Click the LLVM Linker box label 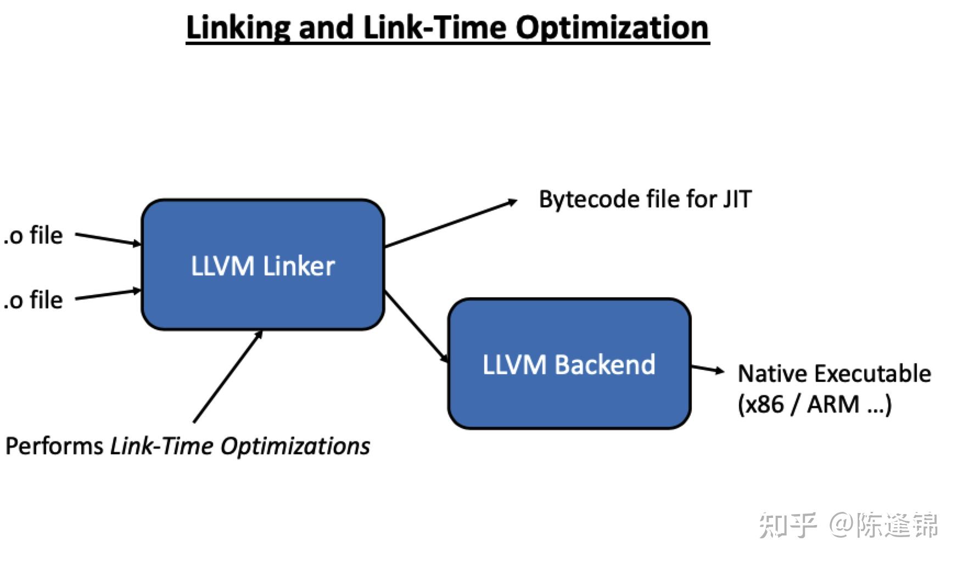point(262,266)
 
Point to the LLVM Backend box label point(569,365)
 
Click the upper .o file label point(34,235)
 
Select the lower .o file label point(34,300)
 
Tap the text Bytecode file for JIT point(645,199)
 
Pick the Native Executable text point(834,374)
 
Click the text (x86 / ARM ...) point(814,404)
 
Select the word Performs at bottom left point(54,446)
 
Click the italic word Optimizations point(295,446)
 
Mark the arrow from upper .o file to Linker point(108,239)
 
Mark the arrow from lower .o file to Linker point(108,295)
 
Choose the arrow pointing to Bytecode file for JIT point(450,224)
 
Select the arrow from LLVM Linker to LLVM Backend point(417,327)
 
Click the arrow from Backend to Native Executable point(707,369)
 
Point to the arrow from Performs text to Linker point(228,376)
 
